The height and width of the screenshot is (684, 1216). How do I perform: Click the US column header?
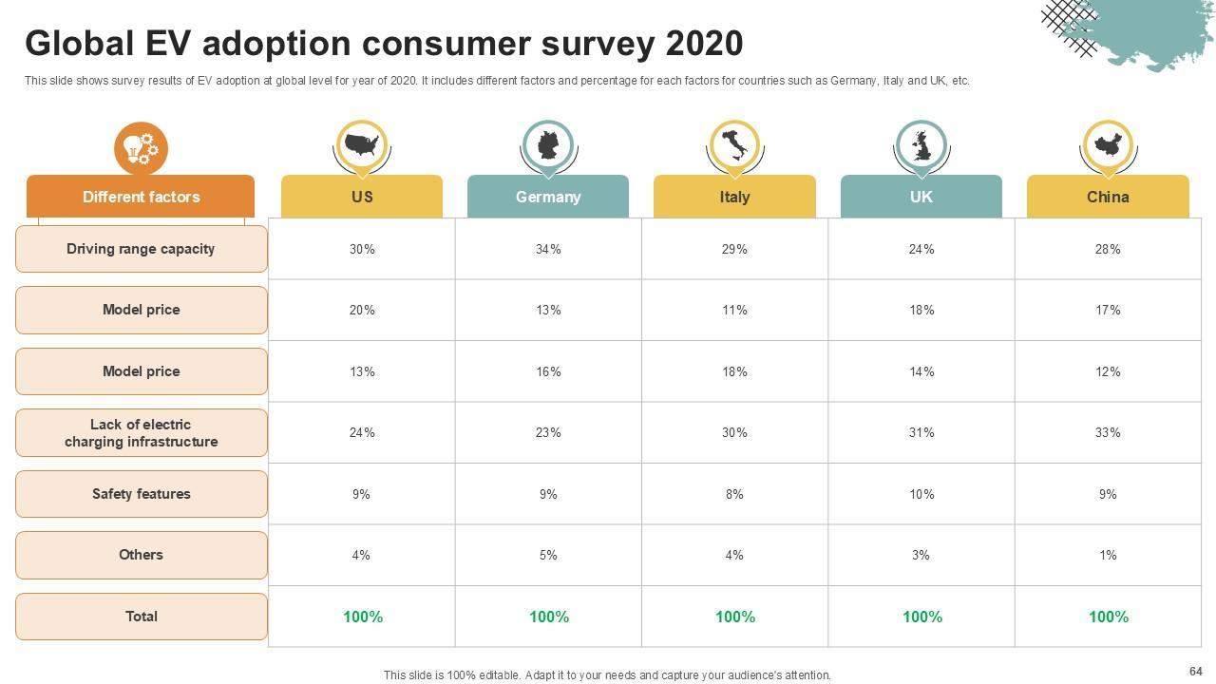362,197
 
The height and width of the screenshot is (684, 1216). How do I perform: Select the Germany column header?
548,197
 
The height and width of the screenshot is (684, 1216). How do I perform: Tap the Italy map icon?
734,146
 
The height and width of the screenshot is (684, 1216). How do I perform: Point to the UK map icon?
921,146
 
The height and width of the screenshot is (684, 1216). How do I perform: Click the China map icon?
1108,146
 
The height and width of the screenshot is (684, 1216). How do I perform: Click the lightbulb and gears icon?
141,148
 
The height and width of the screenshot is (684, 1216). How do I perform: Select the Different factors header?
141,197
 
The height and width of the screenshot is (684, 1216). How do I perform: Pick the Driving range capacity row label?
141,249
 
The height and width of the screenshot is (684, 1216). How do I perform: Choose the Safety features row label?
141,494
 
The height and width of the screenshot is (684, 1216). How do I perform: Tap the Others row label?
141,555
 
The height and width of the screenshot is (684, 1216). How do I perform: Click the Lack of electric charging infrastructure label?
141,433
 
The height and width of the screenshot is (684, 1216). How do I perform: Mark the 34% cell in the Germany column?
548,249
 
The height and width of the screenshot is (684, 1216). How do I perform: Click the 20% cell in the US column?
362,310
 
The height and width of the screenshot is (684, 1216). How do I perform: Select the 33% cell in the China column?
1108,432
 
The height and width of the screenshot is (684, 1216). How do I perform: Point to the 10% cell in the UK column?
921,494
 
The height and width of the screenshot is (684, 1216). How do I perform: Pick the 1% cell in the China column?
1108,555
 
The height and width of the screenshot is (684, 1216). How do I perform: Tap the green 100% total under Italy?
735,617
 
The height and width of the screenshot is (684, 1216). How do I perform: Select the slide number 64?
1195,671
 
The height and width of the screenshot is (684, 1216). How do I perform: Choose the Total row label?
141,617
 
